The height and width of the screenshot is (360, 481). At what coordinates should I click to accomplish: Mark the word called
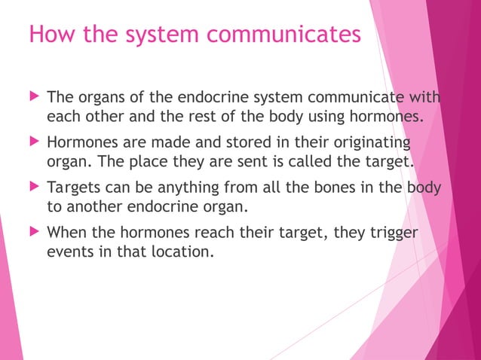point(320,163)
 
